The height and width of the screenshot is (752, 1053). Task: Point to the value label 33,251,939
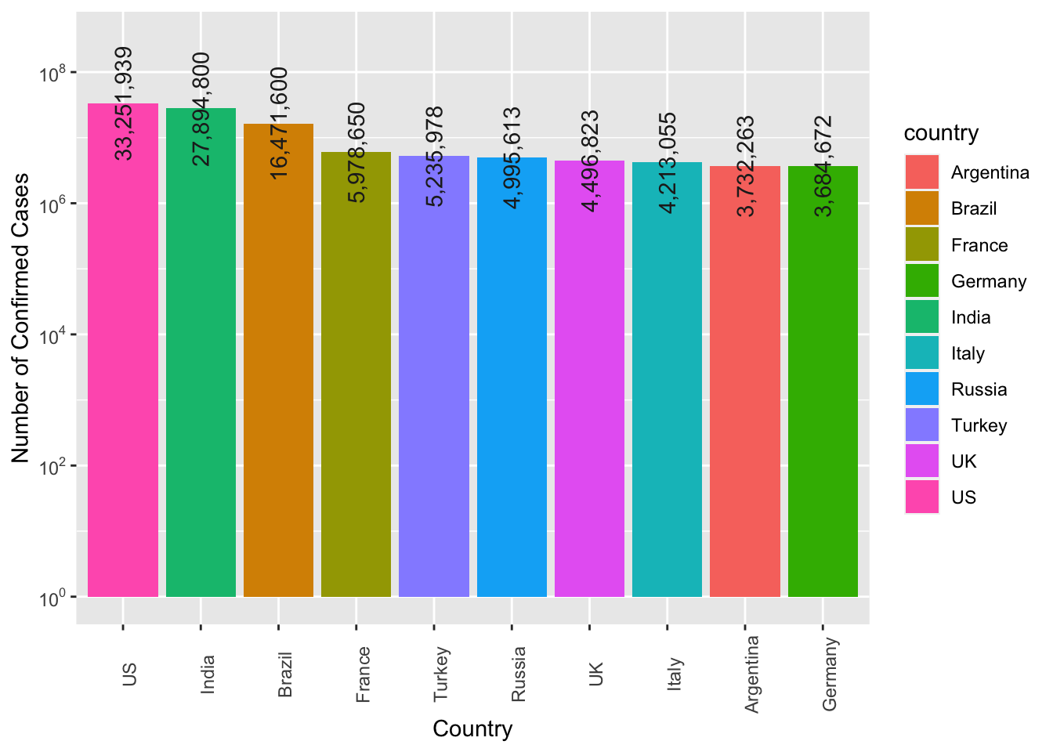tap(123, 103)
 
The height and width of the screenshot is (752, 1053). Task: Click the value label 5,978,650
tap(356, 153)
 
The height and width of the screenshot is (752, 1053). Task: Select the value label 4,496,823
tap(590, 161)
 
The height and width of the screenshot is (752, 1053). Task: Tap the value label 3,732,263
tap(745, 166)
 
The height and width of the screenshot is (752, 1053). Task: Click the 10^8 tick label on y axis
tap(52, 74)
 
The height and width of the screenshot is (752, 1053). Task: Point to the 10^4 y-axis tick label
tap(52, 337)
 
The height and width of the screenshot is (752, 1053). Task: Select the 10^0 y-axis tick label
tap(52, 598)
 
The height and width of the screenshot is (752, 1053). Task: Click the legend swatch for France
tap(921, 245)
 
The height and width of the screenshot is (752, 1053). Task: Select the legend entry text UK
tap(964, 461)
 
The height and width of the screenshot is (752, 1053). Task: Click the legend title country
tap(941, 133)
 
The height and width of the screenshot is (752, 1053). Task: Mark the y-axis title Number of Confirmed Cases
tap(21, 317)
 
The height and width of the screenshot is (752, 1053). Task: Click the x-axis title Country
tap(472, 729)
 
